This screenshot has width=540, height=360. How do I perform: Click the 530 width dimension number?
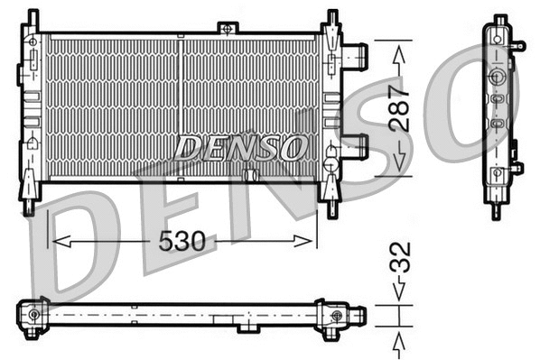tap(183, 242)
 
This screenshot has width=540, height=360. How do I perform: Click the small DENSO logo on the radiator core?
tap(240, 147)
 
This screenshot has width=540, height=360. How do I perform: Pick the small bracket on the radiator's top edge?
tap(227, 29)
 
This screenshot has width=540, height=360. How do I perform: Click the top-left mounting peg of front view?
tap(33, 18)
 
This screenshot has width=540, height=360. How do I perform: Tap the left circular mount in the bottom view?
tap(34, 315)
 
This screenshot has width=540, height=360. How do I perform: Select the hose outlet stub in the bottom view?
tap(358, 315)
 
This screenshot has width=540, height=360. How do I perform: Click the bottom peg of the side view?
tap(496, 211)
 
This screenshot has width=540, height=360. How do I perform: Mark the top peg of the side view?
tap(497, 18)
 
